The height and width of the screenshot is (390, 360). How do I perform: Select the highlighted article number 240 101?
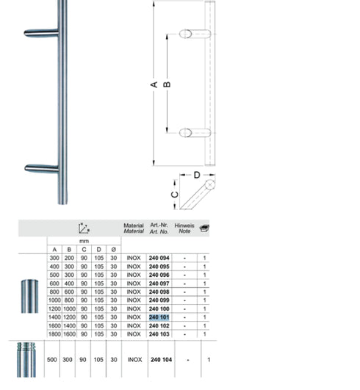pos(159,317)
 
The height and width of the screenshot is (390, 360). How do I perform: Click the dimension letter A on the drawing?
pos(155,84)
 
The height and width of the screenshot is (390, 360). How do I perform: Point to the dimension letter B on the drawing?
pos(168,84)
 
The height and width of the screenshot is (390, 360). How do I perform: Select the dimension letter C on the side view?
pos(173,195)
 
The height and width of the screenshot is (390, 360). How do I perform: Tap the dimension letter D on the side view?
pos(197,176)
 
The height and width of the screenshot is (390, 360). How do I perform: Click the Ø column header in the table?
pos(113,250)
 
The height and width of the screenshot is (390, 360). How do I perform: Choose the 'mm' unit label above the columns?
pos(84,240)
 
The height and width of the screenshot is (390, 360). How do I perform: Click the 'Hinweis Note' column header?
pos(184,228)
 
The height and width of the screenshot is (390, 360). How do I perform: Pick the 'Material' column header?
pos(134,228)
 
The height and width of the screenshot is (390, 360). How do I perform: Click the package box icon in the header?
pos(204,228)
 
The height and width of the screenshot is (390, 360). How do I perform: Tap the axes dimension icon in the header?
pos(84,228)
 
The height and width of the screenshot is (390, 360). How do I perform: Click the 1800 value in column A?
pos(54,334)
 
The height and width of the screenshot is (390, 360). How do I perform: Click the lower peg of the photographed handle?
pos(40,168)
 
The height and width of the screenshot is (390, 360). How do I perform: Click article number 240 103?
pos(159,334)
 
